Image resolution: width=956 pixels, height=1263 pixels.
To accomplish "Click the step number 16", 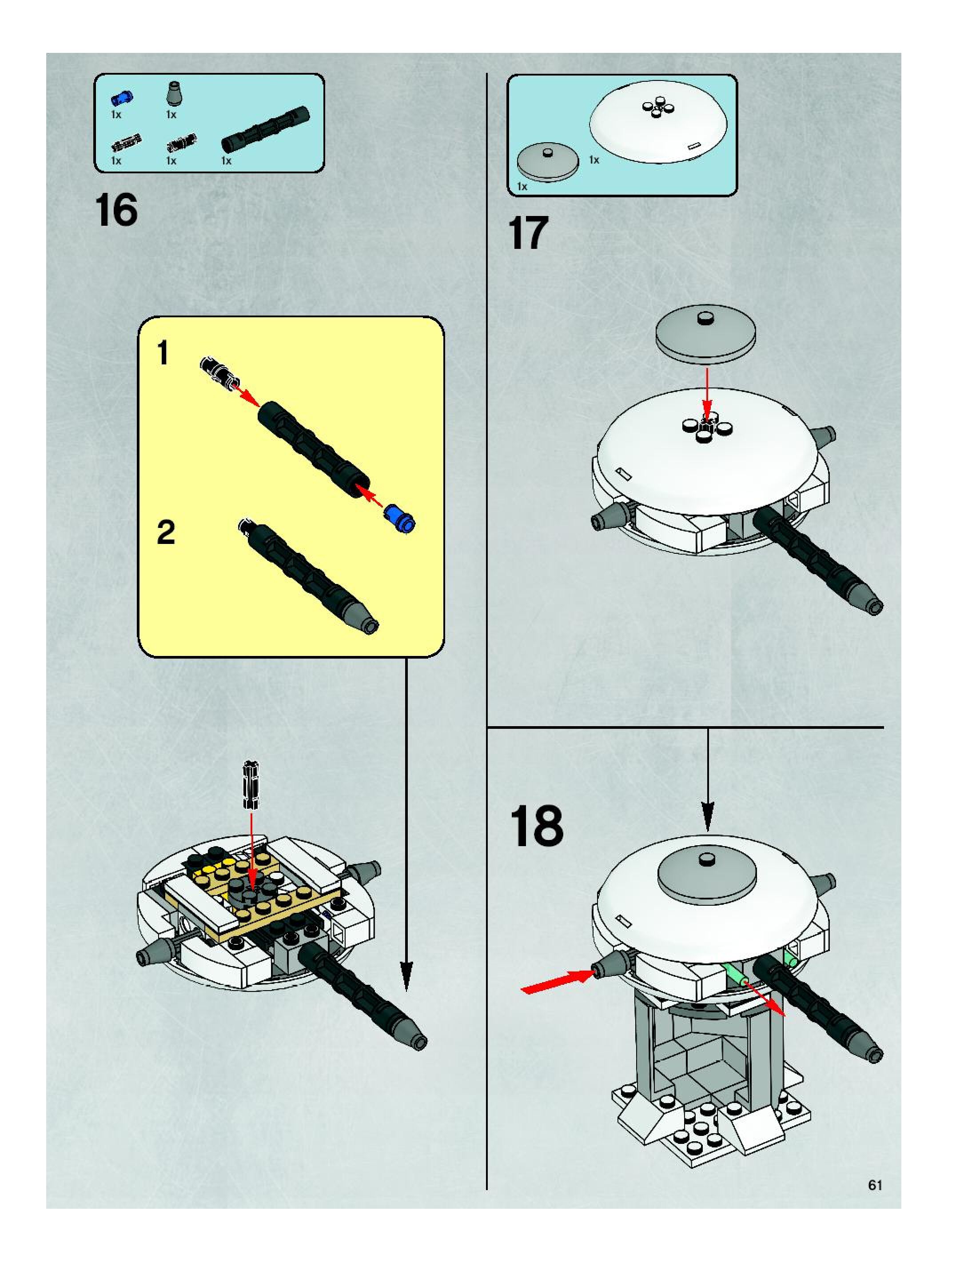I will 117,210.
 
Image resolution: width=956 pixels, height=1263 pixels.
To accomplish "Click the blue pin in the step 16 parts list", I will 121,98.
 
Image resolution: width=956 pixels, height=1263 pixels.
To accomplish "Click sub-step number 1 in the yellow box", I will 163,352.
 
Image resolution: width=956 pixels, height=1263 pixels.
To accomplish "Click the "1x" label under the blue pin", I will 116,115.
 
